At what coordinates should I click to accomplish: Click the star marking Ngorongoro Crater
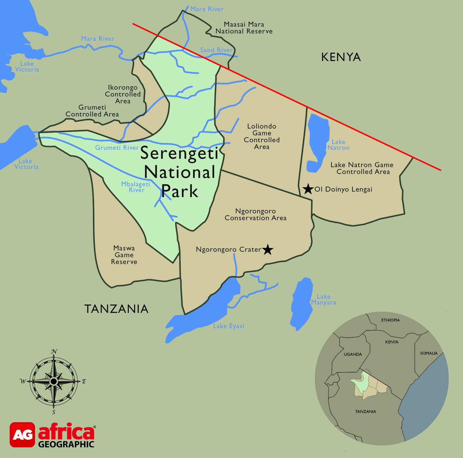268,249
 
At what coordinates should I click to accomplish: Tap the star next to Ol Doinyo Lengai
308,189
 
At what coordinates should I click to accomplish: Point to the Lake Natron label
338,145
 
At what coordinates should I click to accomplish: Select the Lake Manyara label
324,299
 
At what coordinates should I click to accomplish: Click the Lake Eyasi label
229,326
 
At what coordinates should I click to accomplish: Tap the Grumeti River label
117,148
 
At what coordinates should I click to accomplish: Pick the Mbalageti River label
136,187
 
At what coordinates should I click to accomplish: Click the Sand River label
216,50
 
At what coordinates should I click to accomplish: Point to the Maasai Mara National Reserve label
244,28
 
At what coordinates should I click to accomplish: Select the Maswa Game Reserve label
124,255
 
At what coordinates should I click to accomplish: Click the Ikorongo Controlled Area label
123,94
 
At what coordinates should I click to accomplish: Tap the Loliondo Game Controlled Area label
262,136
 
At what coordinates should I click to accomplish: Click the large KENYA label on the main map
341,57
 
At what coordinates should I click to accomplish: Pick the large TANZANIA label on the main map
116,309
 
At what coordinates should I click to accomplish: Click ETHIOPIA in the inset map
390,320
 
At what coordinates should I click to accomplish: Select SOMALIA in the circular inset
429,353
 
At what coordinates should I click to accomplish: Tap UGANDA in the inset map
353,354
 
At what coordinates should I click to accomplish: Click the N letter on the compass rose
54,352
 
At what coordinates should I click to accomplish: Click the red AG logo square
22,435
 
